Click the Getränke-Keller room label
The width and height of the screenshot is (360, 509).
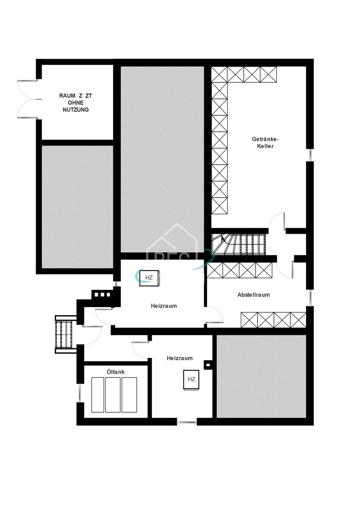point(265,143)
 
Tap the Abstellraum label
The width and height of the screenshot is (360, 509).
point(253,295)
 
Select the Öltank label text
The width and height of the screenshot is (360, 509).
point(115,372)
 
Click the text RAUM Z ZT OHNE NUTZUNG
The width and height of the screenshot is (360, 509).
point(75,103)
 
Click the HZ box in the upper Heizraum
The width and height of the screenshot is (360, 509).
point(149,278)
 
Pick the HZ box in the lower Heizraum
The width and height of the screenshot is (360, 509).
point(191,379)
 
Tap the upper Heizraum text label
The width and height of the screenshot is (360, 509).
point(163,306)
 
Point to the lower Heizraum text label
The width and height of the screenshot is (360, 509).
point(180,358)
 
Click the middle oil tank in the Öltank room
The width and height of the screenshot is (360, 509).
point(113,394)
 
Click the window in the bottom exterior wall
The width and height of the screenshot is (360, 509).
point(187,422)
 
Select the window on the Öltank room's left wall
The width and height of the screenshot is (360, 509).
point(79,393)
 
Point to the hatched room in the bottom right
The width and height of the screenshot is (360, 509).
point(261,376)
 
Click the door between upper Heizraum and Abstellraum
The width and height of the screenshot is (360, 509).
point(214,317)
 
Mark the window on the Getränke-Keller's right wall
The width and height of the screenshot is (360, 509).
point(310,155)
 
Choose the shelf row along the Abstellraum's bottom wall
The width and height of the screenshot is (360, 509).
point(273,320)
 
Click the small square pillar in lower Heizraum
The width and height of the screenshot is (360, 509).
point(208,364)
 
